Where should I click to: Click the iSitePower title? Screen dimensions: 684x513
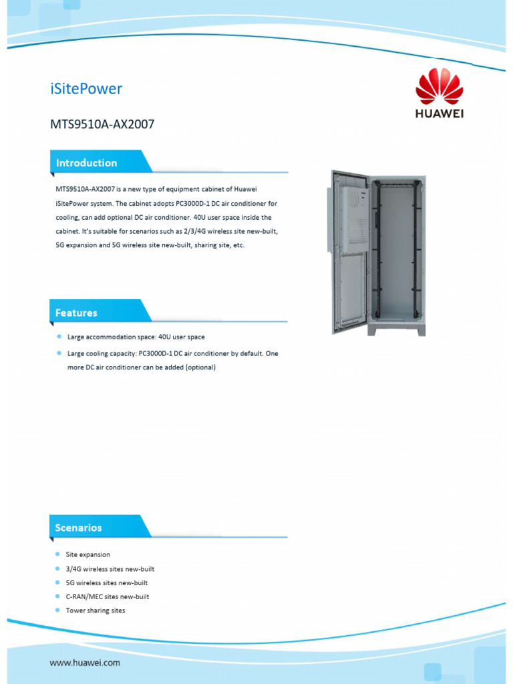[86, 89]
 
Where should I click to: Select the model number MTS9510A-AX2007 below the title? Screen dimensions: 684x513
[102, 124]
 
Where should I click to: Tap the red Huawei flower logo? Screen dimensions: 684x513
[439, 87]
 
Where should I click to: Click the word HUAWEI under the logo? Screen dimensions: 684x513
[439, 113]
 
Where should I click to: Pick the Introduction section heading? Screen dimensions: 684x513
[86, 163]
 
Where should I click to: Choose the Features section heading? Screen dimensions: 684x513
[76, 313]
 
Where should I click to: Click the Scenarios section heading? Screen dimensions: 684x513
[79, 528]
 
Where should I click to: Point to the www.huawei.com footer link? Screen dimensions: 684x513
[85, 663]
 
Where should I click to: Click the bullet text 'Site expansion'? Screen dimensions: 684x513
[88, 554]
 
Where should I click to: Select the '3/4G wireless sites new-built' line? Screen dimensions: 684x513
[110, 569]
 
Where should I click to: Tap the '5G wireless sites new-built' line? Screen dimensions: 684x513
[107, 583]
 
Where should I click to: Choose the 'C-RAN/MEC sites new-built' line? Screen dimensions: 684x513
[108, 597]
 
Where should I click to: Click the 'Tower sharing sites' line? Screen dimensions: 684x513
[96, 611]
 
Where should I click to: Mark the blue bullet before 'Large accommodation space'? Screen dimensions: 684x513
[59, 337]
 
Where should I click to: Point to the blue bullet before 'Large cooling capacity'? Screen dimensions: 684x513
[59, 353]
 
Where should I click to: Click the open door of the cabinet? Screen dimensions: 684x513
[349, 252]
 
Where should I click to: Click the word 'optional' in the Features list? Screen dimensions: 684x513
[200, 367]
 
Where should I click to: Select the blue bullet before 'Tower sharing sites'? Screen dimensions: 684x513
[58, 611]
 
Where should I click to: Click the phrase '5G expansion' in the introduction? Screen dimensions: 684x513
[77, 245]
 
